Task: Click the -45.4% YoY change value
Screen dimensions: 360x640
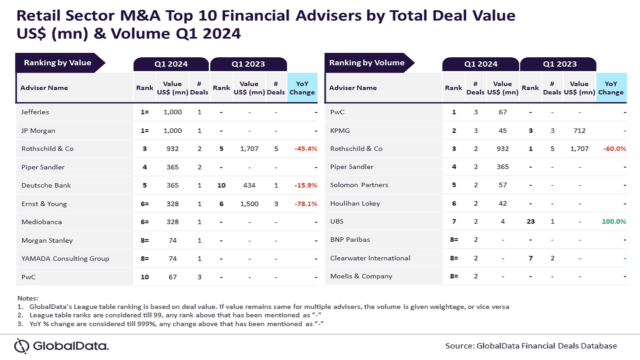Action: pos(305,149)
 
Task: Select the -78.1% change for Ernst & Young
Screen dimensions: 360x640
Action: pos(305,204)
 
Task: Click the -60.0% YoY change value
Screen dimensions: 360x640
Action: pos(615,149)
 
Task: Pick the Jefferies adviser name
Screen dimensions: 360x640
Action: pos(35,112)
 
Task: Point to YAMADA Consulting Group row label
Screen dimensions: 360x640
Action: pos(65,259)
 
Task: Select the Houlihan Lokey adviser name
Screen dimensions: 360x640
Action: pos(355,204)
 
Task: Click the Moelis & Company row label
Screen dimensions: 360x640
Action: pos(361,276)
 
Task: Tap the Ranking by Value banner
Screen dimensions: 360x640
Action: pos(57,63)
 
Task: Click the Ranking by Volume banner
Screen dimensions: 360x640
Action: pos(367,63)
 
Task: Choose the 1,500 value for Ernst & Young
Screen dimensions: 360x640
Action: pos(249,204)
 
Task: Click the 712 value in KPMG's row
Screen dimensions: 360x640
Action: pos(579,131)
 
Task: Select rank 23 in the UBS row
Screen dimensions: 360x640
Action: pos(530,221)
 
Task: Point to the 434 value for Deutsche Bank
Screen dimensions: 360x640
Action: pos(249,185)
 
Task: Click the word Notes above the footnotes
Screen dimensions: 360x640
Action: pos(28,298)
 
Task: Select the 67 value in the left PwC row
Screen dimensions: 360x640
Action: pos(172,277)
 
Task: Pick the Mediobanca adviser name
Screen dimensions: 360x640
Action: pos(41,222)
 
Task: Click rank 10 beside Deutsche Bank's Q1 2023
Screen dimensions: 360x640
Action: pos(221,185)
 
